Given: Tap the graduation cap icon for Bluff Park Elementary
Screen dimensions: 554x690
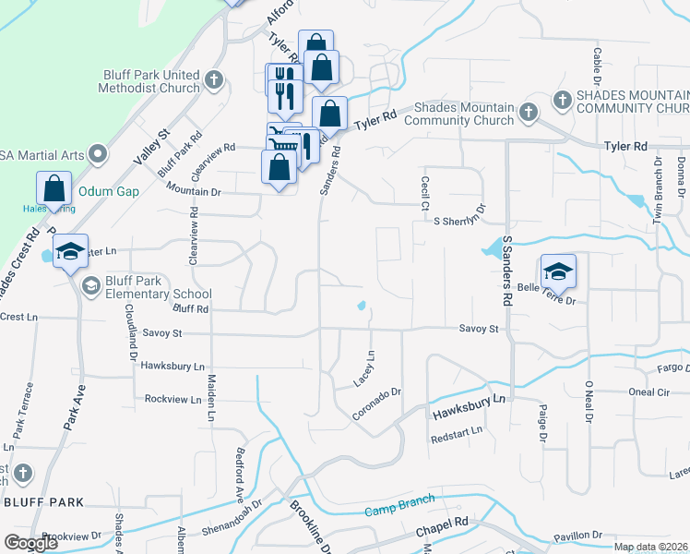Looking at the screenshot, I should [x=91, y=287].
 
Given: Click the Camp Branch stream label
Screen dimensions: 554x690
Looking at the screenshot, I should [x=399, y=511].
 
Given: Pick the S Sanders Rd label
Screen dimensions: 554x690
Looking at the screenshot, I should [x=506, y=271].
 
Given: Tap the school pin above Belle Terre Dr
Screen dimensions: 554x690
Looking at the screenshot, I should [x=558, y=271].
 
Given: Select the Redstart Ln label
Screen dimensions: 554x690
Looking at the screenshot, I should [x=457, y=432].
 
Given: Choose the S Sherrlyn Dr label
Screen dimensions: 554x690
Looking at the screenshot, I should [x=459, y=221].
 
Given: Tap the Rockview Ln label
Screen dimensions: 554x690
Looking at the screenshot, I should [x=172, y=399].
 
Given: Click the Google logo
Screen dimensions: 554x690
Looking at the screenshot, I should [x=30, y=543].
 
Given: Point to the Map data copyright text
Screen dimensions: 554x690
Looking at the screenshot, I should [x=650, y=547].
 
